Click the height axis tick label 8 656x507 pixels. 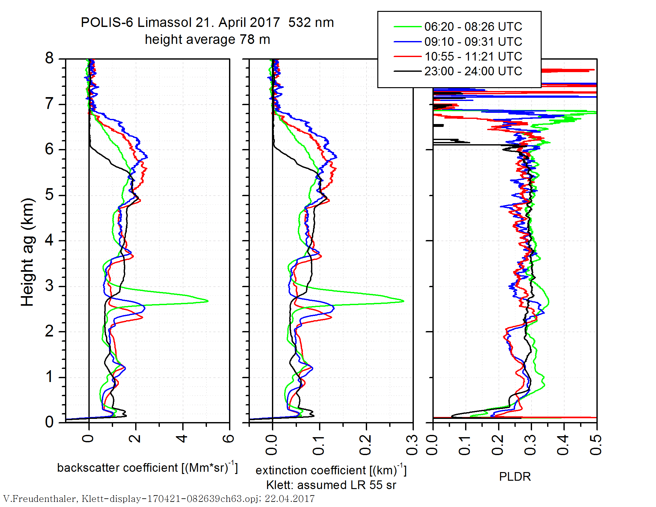coord(49,58)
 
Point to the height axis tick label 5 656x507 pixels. coord(49,195)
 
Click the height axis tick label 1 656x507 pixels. coord(49,377)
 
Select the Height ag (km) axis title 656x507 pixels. coord(28,253)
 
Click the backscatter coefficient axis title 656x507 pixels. coord(147,468)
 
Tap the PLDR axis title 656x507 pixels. coord(515,477)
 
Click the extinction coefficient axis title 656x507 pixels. coord(331,470)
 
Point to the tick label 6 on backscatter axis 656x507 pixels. coord(229,438)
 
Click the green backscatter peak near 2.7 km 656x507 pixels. coord(208,301)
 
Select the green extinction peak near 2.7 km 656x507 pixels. coord(403,301)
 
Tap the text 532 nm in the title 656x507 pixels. coord(311,23)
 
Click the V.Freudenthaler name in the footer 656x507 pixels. coord(40,499)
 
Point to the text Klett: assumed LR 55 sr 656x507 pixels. coord(331,485)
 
